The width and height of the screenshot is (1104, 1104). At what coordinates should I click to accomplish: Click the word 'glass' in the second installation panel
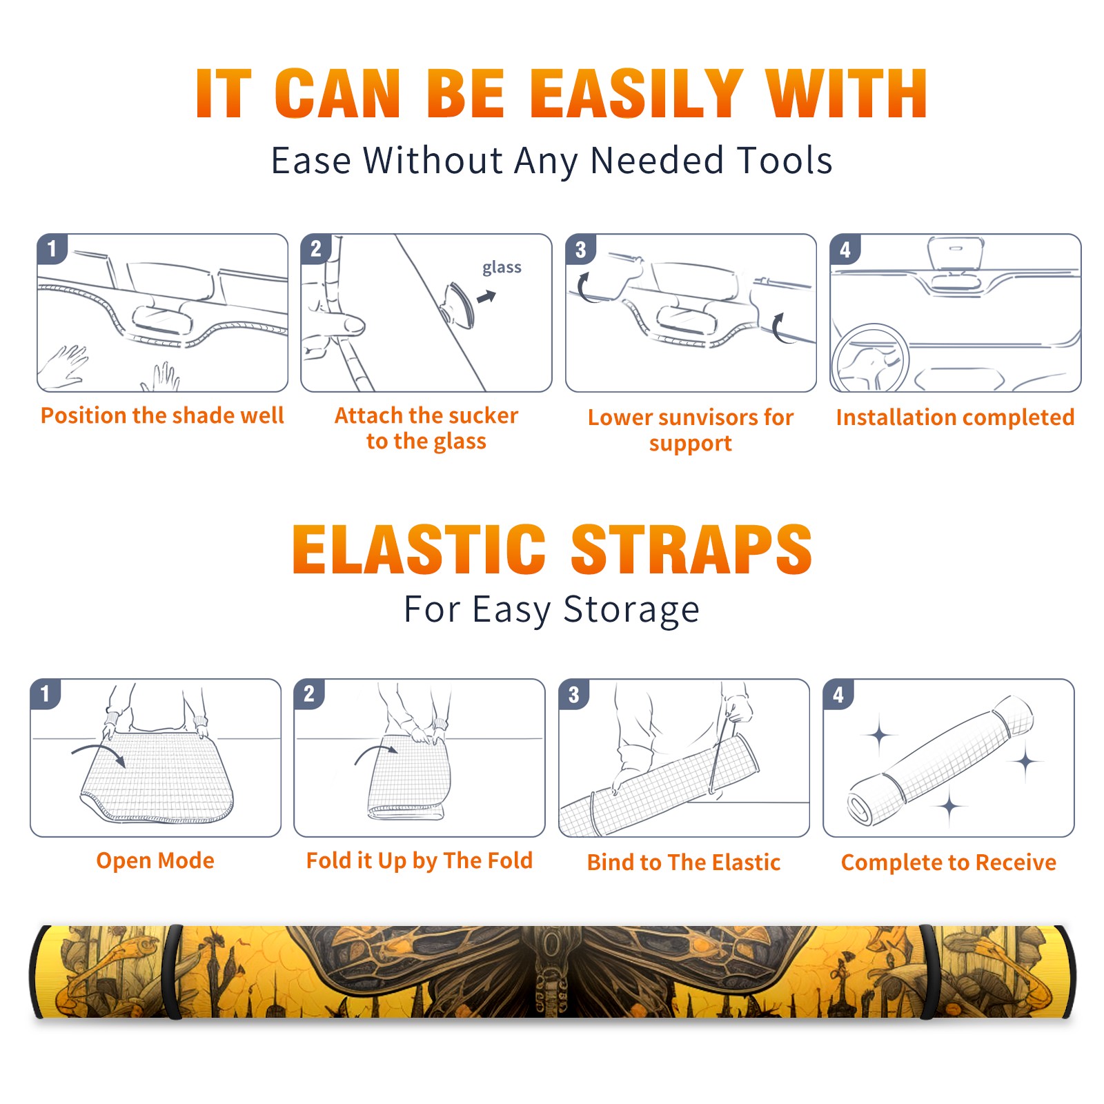click(x=502, y=268)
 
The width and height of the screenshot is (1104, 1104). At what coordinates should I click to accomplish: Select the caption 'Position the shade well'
click(x=162, y=415)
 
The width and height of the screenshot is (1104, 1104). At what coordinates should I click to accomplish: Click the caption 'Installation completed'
click(x=955, y=417)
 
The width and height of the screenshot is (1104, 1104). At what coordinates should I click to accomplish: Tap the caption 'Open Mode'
click(x=155, y=860)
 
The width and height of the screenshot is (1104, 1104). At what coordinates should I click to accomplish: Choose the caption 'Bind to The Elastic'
click(x=684, y=862)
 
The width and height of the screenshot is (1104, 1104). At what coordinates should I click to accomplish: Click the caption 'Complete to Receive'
click(x=949, y=862)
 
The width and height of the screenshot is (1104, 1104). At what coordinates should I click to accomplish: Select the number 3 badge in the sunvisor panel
click(x=580, y=249)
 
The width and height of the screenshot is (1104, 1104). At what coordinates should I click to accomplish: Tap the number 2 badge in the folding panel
click(x=309, y=693)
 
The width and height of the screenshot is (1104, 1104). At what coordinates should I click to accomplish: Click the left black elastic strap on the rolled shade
click(x=172, y=972)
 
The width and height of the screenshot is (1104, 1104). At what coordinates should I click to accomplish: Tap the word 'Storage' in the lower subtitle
click(x=631, y=610)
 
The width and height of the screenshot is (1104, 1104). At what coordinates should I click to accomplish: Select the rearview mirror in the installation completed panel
click(x=956, y=254)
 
